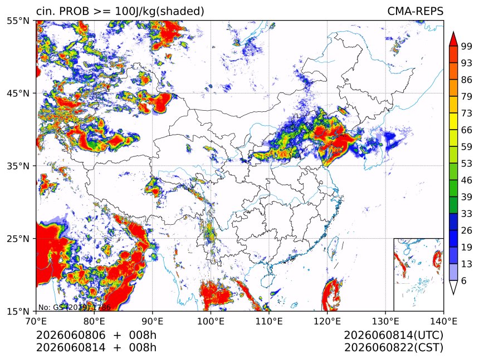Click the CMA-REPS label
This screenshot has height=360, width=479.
415,11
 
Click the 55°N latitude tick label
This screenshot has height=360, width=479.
18,21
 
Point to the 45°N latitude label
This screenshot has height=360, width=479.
18,93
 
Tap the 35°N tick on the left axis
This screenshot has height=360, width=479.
18,166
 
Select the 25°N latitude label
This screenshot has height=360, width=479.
18,238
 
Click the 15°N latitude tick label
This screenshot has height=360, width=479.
18,311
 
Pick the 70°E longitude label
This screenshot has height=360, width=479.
36,321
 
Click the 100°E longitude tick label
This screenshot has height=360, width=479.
211,321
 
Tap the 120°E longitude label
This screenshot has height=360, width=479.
327,321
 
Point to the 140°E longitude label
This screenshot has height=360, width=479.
443,321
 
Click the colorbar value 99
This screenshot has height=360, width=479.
467,46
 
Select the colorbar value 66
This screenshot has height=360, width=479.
467,130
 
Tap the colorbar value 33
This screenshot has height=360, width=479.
467,214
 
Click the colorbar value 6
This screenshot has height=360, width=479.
464,280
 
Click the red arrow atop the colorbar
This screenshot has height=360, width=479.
453,39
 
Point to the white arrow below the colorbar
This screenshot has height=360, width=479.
453,288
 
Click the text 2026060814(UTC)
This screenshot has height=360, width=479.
393,336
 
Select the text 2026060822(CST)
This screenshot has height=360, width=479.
393,348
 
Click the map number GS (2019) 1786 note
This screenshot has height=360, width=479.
74,307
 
